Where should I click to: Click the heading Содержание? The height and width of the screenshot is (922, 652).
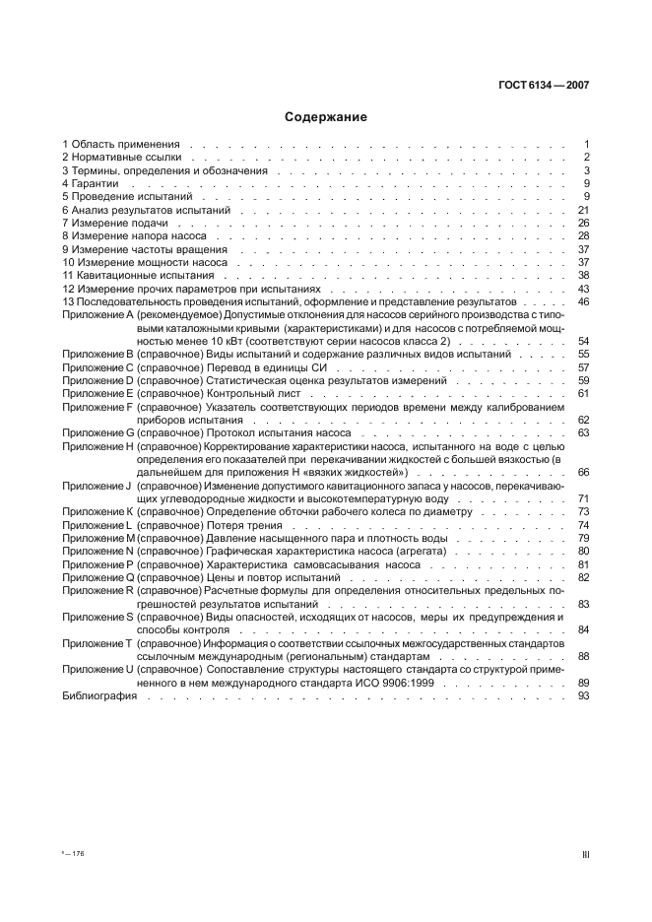326,117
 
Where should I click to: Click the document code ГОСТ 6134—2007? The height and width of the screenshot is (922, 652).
542,85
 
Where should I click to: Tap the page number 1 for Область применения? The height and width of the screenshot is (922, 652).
585,144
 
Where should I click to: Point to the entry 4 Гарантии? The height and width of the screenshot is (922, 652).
90,184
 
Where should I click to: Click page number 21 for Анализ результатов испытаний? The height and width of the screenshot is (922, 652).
582,211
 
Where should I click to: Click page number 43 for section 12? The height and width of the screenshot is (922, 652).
582,290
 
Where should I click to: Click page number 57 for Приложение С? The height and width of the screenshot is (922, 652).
582,366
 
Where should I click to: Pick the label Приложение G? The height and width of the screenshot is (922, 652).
97,432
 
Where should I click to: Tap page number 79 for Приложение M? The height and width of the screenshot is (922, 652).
582,538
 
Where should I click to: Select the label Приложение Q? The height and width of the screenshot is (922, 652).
97,577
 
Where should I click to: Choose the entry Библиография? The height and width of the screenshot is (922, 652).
94,695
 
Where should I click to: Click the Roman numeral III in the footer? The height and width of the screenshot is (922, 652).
585,856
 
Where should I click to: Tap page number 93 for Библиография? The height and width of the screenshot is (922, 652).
582,695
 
